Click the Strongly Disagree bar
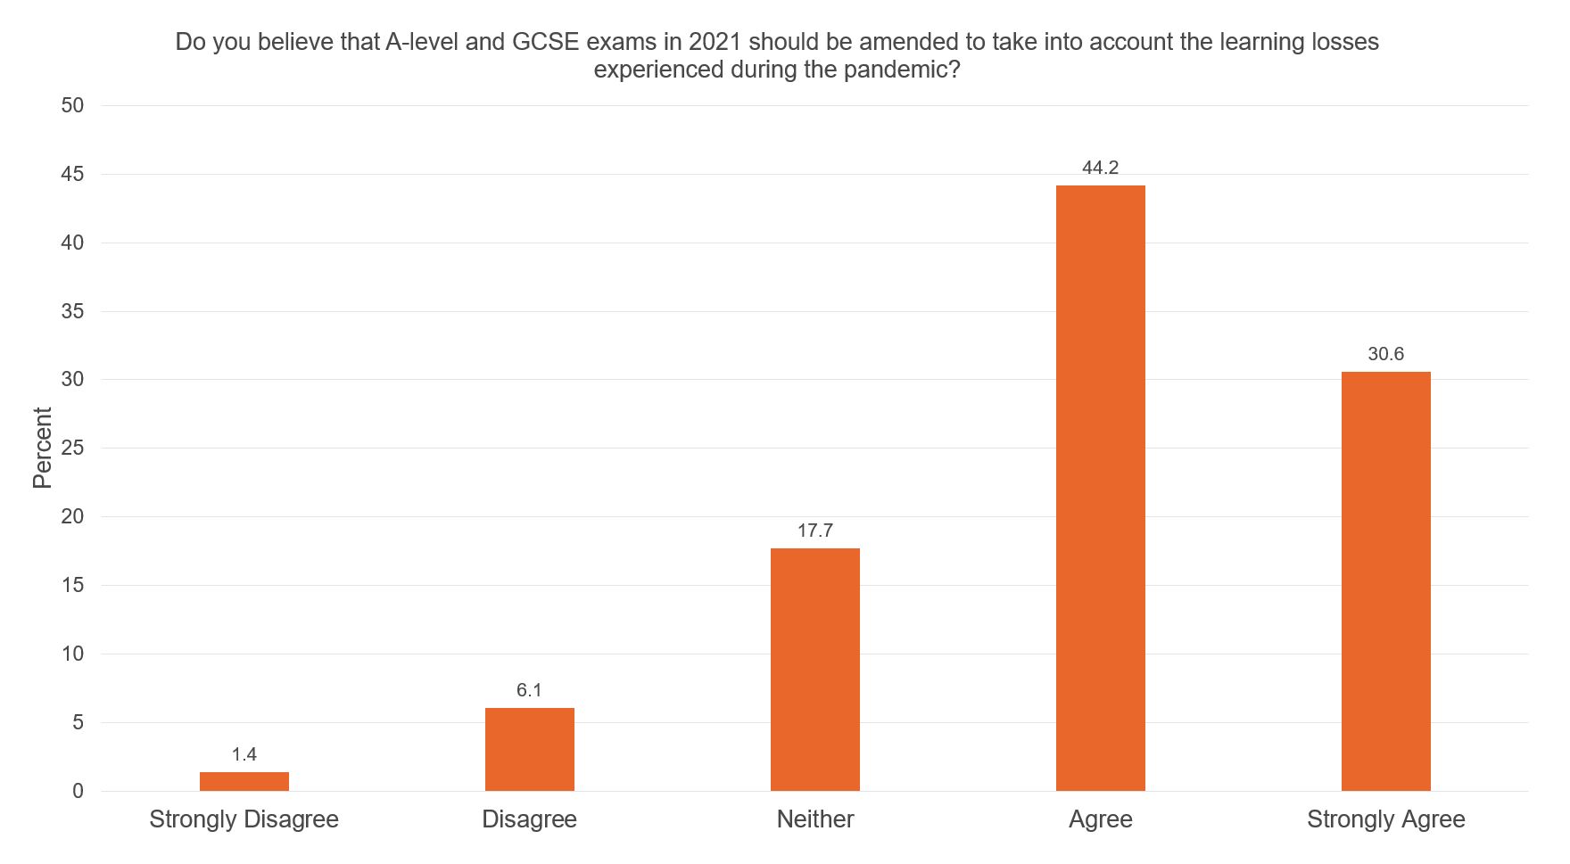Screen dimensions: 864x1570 click(x=244, y=781)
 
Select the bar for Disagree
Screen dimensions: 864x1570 click(x=529, y=749)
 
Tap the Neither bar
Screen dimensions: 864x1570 click(x=814, y=669)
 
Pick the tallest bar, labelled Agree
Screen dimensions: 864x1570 click(x=1100, y=488)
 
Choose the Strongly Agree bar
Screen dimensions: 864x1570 click(x=1385, y=580)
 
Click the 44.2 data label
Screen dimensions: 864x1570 click(x=1100, y=168)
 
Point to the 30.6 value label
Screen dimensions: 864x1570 click(x=1385, y=354)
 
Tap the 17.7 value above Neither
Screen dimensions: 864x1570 click(x=814, y=531)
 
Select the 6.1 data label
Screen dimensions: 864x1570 click(x=529, y=690)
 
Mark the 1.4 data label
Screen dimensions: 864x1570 click(x=244, y=754)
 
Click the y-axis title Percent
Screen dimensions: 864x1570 click(x=42, y=448)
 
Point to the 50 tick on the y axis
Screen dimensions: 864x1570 click(x=72, y=105)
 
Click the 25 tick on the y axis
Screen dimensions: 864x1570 click(x=72, y=448)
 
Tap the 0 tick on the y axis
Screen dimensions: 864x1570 click(x=78, y=791)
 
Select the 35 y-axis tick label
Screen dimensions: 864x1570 click(x=72, y=311)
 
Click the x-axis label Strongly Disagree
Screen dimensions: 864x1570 click(x=244, y=819)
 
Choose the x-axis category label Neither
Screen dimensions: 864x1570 click(x=814, y=819)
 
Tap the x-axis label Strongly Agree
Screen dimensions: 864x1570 click(x=1385, y=819)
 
